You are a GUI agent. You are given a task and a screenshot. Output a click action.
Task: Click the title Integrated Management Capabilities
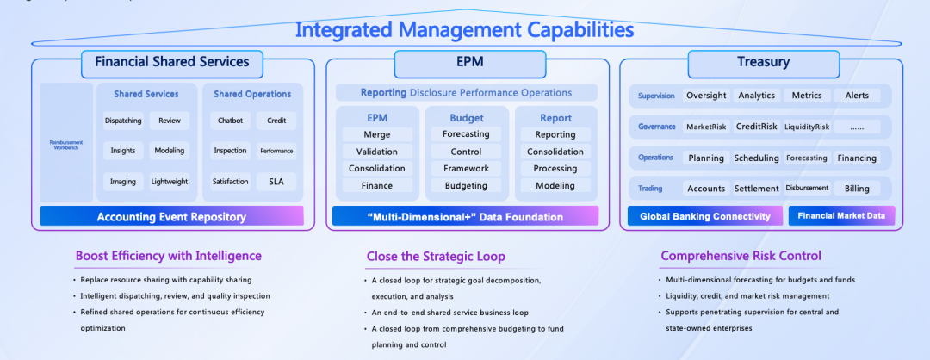coord(464,30)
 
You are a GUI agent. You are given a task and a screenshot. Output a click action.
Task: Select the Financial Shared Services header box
coord(172,62)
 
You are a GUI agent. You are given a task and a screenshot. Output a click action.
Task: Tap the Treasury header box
coord(763,62)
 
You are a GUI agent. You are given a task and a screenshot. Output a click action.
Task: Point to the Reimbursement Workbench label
coord(66,144)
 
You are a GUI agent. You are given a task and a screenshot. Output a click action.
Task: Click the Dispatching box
coord(123,121)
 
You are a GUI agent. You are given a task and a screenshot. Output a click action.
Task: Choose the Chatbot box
coord(231,121)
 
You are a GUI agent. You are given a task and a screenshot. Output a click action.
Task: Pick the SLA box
coord(276,182)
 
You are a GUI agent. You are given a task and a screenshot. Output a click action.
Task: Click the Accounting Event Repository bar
coord(171,216)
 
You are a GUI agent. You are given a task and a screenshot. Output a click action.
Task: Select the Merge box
coord(376,134)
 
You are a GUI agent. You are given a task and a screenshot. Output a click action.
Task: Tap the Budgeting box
coord(466,185)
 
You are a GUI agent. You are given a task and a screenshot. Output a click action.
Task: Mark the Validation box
coord(376,152)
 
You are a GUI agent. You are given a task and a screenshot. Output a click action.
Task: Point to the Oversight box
coord(706,96)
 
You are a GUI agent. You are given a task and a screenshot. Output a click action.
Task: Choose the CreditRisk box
coord(756,127)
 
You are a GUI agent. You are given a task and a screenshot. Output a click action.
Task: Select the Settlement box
coord(756,189)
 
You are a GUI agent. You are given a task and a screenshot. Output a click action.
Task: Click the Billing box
coord(857,189)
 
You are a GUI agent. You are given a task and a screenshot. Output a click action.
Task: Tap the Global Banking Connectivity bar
coord(704,216)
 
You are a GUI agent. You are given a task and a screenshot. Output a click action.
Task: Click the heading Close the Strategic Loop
coord(436,256)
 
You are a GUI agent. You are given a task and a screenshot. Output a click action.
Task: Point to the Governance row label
coord(657,127)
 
